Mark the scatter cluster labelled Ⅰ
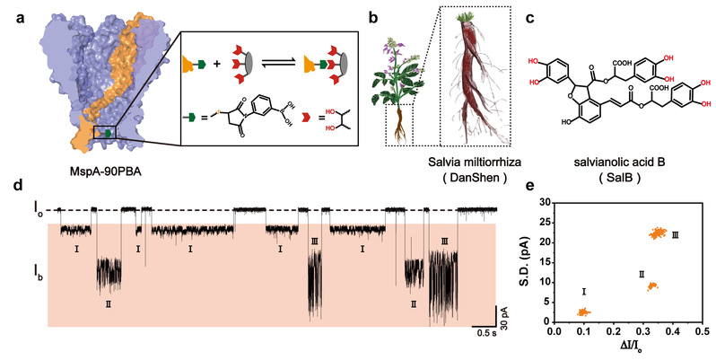pos(584,312)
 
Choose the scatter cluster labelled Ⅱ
pos(652,286)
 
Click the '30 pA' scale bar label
pos(503,324)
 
